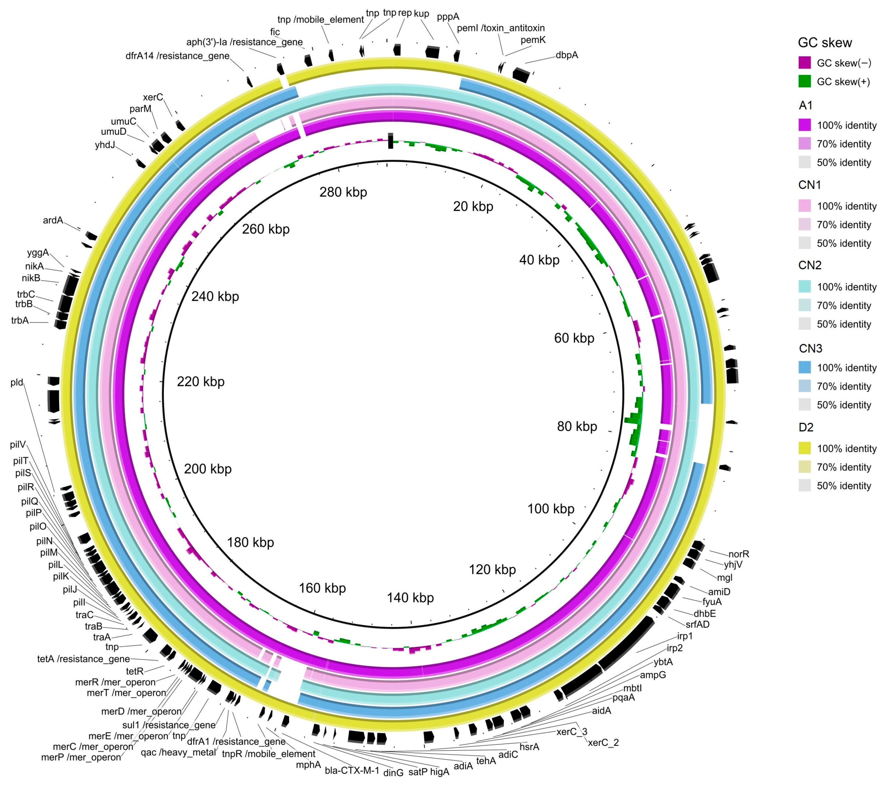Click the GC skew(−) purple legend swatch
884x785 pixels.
805,63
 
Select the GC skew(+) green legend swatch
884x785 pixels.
805,81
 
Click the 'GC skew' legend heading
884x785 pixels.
824,43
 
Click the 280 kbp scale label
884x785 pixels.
343,192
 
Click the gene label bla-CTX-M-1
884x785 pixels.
352,771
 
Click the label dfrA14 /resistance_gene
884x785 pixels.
177,56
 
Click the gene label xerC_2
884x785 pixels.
603,743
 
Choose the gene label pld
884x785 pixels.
17,382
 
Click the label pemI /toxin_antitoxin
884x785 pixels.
500,28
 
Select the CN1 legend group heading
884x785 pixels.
809,185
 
